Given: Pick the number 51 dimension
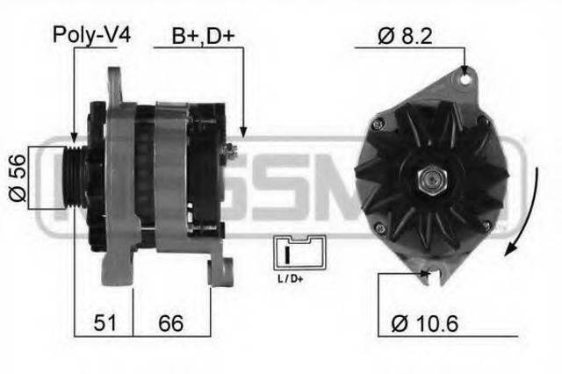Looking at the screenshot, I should pos(104,323).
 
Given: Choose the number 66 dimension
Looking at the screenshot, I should pos(171,323).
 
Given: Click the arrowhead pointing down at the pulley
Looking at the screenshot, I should pos(75,135).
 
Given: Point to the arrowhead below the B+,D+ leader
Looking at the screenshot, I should pos(243,133).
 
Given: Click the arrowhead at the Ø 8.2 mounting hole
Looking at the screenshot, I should pos(463,69).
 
